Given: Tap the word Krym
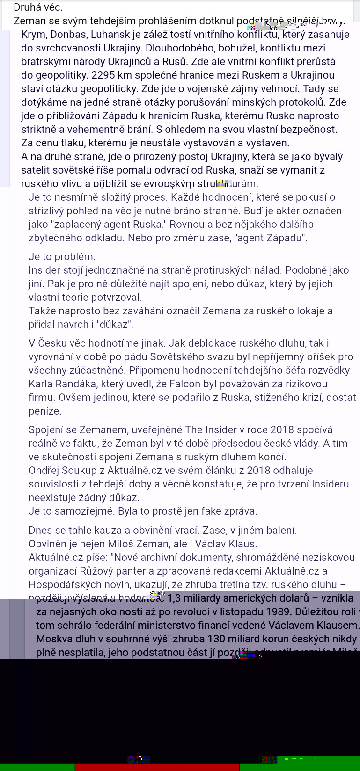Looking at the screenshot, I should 32,35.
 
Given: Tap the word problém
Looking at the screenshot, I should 74,257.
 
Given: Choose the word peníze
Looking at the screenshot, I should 45,411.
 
